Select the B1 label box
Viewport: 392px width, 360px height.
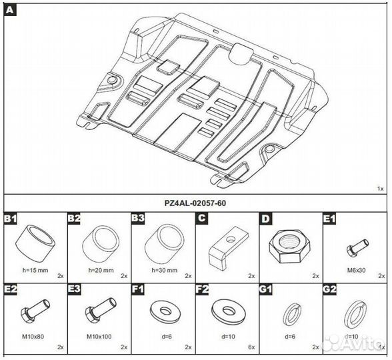[x=11, y=219]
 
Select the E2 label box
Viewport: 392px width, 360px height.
[x=11, y=289]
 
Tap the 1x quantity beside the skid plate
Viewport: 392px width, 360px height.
[x=381, y=189]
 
